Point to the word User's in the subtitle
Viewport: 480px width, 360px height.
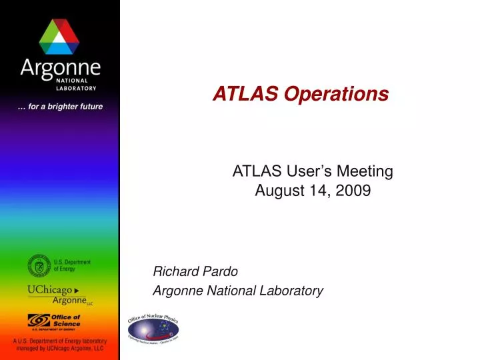[x=312, y=171]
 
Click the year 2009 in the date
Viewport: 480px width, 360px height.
[x=356, y=191]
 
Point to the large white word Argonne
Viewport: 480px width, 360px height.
[x=60, y=67]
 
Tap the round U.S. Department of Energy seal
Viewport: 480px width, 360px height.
[x=39, y=267]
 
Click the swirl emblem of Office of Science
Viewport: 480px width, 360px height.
[x=38, y=321]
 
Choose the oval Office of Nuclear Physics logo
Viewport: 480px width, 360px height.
[x=153, y=327]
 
